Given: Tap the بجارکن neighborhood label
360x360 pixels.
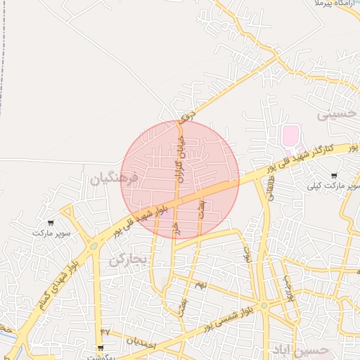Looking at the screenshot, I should pyautogui.click(x=127, y=260).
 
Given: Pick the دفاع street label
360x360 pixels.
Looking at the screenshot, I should pyautogui.click(x=186, y=112).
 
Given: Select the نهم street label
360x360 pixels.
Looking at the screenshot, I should pyautogui.click(x=200, y=285).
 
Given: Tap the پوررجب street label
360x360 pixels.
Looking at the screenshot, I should pyautogui.click(x=288, y=288).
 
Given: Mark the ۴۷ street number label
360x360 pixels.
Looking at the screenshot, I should pyautogui.click(x=105, y=330).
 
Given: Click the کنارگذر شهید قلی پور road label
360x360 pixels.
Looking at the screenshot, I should pyautogui.click(x=309, y=160).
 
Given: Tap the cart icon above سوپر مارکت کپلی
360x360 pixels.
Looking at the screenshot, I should pyautogui.click(x=333, y=176).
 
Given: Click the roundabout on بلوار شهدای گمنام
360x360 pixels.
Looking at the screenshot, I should pyautogui.click(x=93, y=246).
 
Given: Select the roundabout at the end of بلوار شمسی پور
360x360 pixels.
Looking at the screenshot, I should pyautogui.click(x=264, y=306).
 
